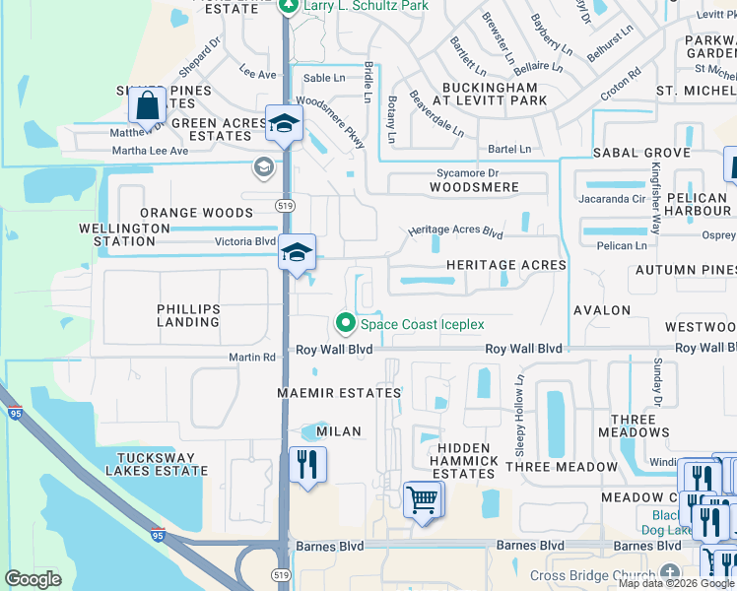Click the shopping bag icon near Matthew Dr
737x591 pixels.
[x=147, y=104]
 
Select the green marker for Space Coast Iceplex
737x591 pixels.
[x=345, y=323]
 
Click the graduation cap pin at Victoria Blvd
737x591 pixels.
[x=296, y=253]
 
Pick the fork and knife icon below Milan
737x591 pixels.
[x=307, y=464]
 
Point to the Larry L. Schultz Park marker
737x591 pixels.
[x=288, y=7]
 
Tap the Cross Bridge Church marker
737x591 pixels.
[x=670, y=574]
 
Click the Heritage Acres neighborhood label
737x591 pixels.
[x=505, y=265]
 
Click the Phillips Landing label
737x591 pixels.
[x=188, y=315]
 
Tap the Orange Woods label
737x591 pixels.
[x=196, y=213]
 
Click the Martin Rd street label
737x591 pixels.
[x=252, y=358]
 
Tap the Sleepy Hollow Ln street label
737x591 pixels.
[x=519, y=414]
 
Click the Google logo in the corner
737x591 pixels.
[x=33, y=579]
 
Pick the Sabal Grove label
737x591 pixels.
[x=641, y=154]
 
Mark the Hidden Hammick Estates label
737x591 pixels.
[x=463, y=461]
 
